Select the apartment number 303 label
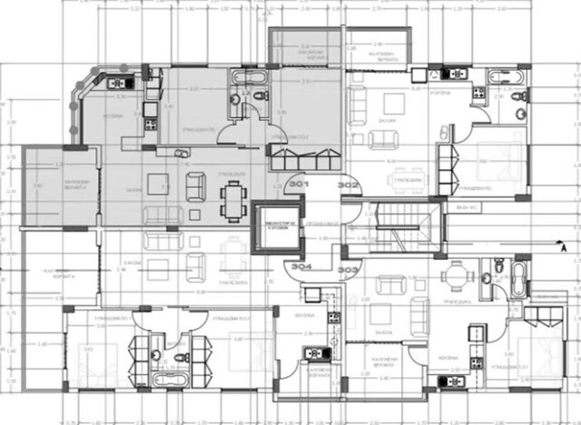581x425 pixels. [348, 270]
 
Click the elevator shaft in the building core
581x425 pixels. [276, 222]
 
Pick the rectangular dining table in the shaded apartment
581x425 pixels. [234, 195]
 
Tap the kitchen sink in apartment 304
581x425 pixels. [313, 292]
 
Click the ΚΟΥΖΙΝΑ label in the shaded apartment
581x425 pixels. [112, 117]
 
